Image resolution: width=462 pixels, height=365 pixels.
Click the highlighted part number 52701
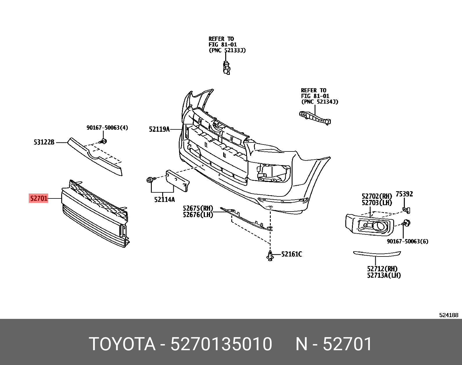tap(39, 198)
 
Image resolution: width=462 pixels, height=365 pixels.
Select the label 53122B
tap(44, 142)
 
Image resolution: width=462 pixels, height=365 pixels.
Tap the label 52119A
tap(159, 129)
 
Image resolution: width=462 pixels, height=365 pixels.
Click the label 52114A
tap(164, 200)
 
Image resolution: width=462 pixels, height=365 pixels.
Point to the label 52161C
tap(291, 254)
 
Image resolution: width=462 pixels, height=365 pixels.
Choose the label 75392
tap(404, 194)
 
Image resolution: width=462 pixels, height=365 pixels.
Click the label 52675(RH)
tap(198, 208)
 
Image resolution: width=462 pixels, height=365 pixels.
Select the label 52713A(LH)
tap(384, 275)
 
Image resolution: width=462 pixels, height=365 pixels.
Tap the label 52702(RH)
tap(377, 196)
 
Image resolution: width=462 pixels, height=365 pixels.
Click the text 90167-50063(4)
tap(107, 128)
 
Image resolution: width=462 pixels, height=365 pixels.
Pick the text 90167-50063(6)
tap(407, 241)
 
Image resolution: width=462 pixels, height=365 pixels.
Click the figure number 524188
tap(448, 315)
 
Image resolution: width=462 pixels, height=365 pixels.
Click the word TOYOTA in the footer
tap(122, 344)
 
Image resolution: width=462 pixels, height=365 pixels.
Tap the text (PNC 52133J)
tap(227, 50)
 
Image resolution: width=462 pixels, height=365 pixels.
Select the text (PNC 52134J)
tap(320, 102)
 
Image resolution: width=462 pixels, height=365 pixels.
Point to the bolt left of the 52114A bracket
tap(150, 180)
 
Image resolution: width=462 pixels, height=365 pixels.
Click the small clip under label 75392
tap(406, 210)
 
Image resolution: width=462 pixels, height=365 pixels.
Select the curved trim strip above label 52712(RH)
tap(377, 254)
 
